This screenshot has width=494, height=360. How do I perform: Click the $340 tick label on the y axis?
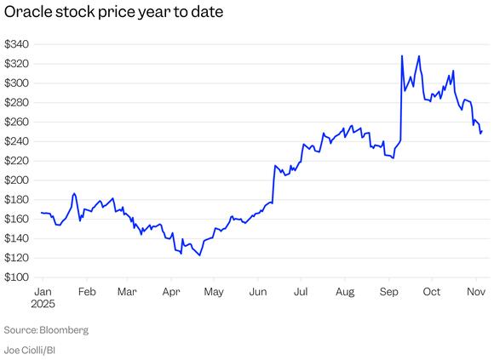pyautogui.click(x=16, y=44)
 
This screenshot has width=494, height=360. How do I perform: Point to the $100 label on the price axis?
pyautogui.click(x=16, y=277)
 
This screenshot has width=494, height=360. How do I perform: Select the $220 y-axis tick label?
pyautogui.click(x=16, y=161)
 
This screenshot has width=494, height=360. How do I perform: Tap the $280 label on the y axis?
pyautogui.click(x=16, y=103)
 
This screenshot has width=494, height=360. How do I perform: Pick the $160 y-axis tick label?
pyautogui.click(x=16, y=220)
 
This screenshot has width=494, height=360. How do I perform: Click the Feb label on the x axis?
pyautogui.click(x=85, y=292)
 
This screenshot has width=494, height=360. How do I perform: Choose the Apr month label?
pyautogui.click(x=170, y=292)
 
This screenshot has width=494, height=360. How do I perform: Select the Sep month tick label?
pyautogui.click(x=388, y=292)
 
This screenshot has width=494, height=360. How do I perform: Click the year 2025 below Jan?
pyautogui.click(x=44, y=304)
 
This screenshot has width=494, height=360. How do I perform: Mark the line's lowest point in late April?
pyautogui.click(x=200, y=255)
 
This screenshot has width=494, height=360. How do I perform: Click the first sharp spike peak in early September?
pyautogui.click(x=401, y=56)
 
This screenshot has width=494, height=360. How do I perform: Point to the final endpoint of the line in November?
pyautogui.click(x=482, y=131)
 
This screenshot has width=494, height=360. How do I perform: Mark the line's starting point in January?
pyautogui.click(x=41, y=213)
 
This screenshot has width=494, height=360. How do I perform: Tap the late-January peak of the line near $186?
pyautogui.click(x=74, y=193)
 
